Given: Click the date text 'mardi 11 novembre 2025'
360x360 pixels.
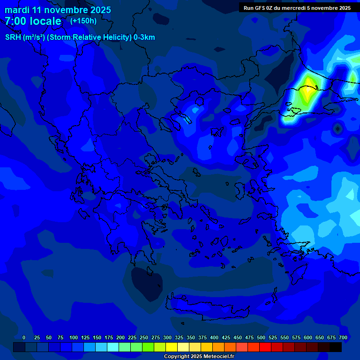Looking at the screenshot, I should coord(58,10).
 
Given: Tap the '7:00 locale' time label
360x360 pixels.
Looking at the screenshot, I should coord(33,21).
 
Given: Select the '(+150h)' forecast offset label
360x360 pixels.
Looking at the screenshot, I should coord(83,21).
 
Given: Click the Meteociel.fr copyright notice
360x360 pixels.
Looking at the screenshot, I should coord(199,356).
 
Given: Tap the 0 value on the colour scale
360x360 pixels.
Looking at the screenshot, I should coord(24,337).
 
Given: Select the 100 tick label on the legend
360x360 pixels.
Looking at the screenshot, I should coord(74,337).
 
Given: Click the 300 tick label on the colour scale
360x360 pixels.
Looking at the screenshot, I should coord(167,337).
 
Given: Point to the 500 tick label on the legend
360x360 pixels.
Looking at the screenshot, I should coord(261,337).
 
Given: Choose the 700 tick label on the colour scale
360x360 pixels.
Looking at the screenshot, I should coord(343,337).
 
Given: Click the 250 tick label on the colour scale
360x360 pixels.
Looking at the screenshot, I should coord(144,337).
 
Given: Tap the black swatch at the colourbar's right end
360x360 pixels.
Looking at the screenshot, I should coord(336,347).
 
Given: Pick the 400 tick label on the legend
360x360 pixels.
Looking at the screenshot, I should coord(214,337).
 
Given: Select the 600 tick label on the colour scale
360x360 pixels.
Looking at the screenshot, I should coord(308,337).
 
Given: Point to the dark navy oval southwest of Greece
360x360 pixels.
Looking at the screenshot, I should coord(146,284).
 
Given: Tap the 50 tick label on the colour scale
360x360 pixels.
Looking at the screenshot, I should coord(49,337).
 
